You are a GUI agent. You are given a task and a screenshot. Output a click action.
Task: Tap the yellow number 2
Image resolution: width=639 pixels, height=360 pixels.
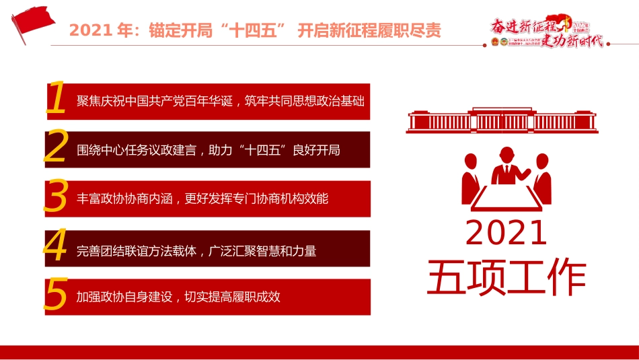[x=56, y=148]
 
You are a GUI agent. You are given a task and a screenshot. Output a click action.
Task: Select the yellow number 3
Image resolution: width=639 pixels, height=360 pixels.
[x=56, y=197]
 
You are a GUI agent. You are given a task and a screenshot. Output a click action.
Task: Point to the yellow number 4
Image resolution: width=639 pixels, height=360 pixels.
[x=56, y=247]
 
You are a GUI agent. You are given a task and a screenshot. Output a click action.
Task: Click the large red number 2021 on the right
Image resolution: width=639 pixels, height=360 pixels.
[x=506, y=233]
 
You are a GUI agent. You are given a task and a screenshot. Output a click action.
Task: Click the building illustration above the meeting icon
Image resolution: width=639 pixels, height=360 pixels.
[x=502, y=120]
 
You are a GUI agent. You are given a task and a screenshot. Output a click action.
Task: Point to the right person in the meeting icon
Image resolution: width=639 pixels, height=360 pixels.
[x=542, y=176]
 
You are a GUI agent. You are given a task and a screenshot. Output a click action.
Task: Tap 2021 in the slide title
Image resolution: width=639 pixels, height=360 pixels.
[x=91, y=31]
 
